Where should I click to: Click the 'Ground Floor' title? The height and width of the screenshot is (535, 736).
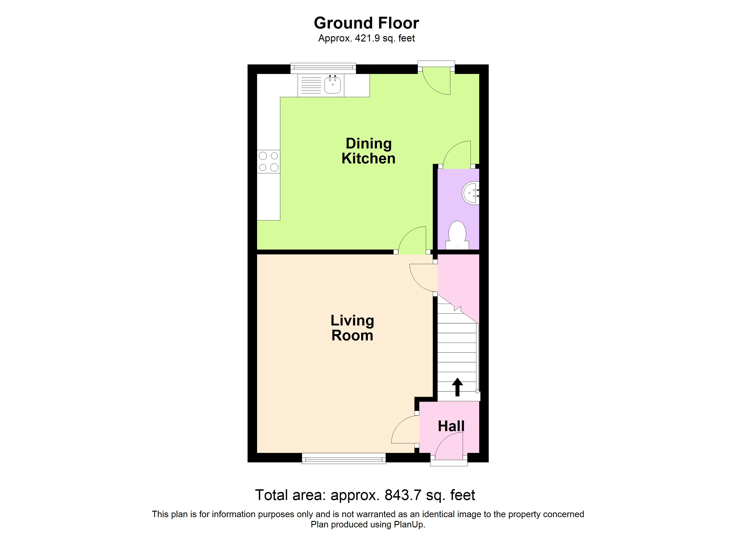(366, 23)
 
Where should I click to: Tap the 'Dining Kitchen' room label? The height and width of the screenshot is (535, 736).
(369, 151)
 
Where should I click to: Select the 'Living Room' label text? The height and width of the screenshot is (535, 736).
(352, 328)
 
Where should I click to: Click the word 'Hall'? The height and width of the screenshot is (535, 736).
(451, 426)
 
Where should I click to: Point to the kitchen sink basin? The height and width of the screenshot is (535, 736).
(333, 85)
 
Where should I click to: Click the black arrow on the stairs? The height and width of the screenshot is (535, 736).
(458, 387)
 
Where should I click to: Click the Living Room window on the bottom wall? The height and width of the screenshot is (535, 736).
(344, 459)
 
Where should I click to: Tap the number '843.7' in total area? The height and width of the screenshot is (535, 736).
(403, 495)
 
